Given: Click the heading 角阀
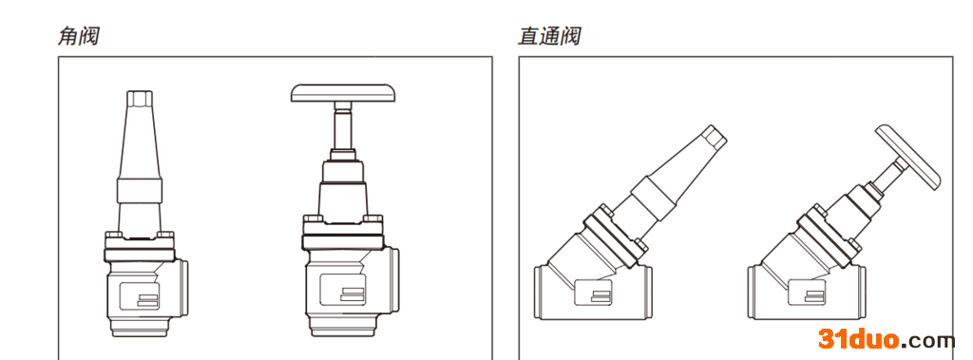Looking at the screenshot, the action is (79, 37).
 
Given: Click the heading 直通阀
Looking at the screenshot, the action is (549, 37).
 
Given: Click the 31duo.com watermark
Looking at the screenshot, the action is (886, 339).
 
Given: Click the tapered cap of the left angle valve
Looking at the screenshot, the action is (141, 133).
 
